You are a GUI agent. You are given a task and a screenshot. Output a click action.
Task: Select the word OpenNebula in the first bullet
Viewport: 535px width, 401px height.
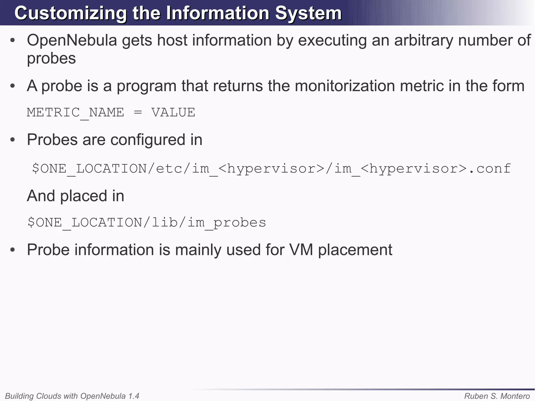coord(72,40)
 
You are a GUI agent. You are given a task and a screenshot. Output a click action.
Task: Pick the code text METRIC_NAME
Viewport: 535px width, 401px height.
coord(75,113)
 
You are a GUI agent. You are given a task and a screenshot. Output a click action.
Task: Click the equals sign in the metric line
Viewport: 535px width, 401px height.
coord(138,113)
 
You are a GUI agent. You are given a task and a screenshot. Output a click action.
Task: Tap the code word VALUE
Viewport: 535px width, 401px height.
coord(173,113)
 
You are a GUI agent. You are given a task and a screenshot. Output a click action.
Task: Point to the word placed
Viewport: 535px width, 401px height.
coord(84,196)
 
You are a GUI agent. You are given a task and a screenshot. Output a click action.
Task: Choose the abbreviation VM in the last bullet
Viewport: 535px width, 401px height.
coord(301,250)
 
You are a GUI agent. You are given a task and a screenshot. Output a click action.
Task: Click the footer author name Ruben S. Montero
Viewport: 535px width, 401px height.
coord(497,396)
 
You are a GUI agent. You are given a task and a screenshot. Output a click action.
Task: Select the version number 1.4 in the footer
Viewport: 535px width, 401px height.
coord(133,396)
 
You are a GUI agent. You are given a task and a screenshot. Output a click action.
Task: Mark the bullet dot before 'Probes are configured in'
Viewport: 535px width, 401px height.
coord(13,140)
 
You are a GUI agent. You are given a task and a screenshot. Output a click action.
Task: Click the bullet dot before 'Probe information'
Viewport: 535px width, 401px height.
coord(13,250)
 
